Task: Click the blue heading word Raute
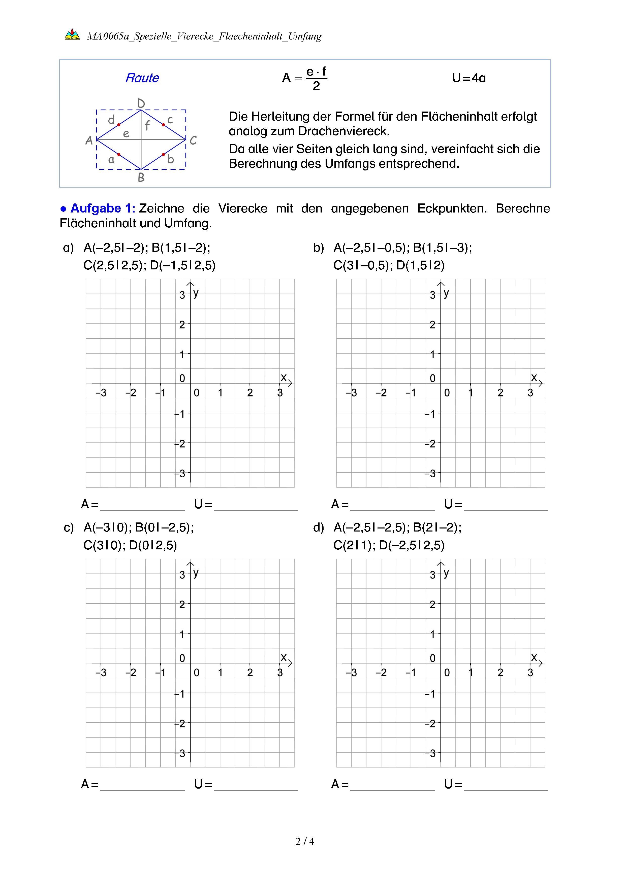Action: click(142, 78)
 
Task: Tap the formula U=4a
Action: click(469, 78)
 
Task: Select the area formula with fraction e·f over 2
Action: click(305, 79)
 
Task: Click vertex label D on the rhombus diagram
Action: click(141, 103)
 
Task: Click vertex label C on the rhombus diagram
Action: click(193, 140)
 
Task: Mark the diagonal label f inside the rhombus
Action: click(147, 125)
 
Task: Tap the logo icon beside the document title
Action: click(72, 34)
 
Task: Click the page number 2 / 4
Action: click(305, 841)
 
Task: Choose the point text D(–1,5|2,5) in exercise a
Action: click(182, 265)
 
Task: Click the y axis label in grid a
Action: click(196, 293)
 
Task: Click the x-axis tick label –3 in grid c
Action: click(101, 673)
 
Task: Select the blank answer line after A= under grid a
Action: click(142, 507)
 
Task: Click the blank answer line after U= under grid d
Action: click(506, 787)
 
